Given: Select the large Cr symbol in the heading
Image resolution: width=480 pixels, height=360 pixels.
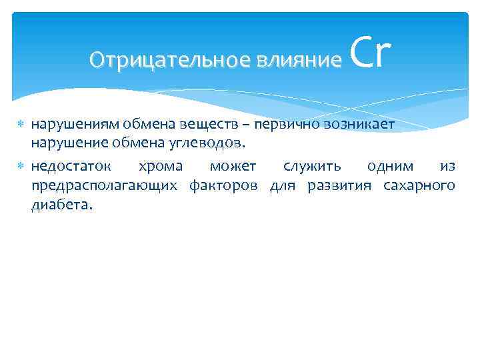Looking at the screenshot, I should click(369, 53).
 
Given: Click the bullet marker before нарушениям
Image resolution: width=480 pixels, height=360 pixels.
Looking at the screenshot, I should click(21, 125).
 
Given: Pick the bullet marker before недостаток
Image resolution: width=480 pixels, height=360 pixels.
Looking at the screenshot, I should click(21, 166).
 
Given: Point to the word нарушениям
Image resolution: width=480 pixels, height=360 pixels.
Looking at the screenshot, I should click(74, 125).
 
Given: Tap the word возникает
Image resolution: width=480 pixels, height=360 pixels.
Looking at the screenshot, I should click(363, 125).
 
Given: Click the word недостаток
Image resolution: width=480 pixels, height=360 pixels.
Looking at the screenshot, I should click(72, 166).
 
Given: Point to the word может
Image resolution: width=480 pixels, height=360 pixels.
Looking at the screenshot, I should click(233, 166).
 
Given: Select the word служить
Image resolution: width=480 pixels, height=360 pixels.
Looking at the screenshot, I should click(308, 166).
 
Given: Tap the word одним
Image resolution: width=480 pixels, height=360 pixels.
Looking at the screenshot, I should click(389, 166).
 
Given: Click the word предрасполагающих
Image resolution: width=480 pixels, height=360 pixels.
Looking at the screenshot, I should click(104, 185).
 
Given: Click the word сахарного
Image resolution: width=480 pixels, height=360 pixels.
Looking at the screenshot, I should click(419, 185).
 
